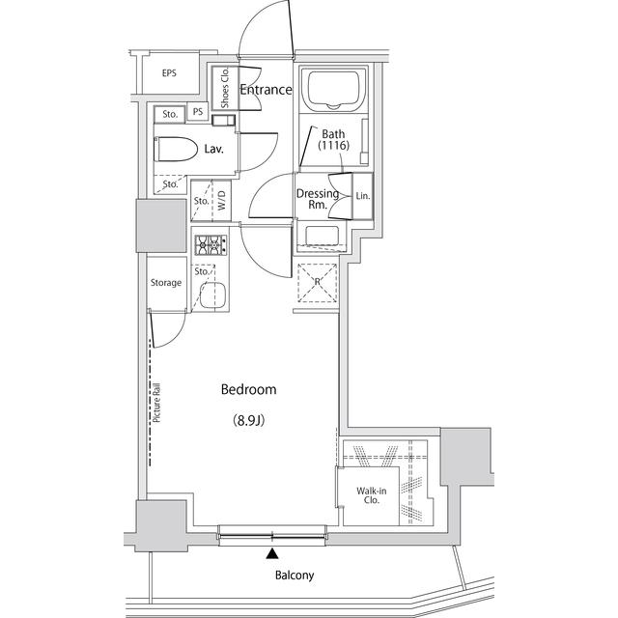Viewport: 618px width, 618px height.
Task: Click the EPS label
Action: pyautogui.click(x=169, y=73)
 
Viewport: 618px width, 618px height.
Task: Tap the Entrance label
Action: pyautogui.click(x=266, y=90)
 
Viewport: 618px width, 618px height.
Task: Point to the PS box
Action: pyautogui.click(x=198, y=113)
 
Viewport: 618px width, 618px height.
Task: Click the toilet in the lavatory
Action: pyautogui.click(x=175, y=149)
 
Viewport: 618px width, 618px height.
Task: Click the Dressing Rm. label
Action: pyautogui.click(x=317, y=198)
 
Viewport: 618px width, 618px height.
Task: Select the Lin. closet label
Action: pyautogui.click(x=362, y=196)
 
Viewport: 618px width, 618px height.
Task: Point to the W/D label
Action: pyautogui.click(x=221, y=202)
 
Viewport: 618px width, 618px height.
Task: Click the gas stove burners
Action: pyautogui.click(x=209, y=246)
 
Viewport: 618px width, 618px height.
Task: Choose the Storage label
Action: pyautogui.click(x=165, y=283)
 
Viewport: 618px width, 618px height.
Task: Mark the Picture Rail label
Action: pyautogui.click(x=156, y=406)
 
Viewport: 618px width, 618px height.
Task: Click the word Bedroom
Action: pyautogui.click(x=249, y=390)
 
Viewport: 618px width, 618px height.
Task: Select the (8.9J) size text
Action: pyautogui.click(x=249, y=420)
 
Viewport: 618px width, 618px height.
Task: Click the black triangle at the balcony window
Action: pyautogui.click(x=273, y=554)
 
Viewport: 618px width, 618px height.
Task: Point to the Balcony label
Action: pyautogui.click(x=294, y=576)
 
